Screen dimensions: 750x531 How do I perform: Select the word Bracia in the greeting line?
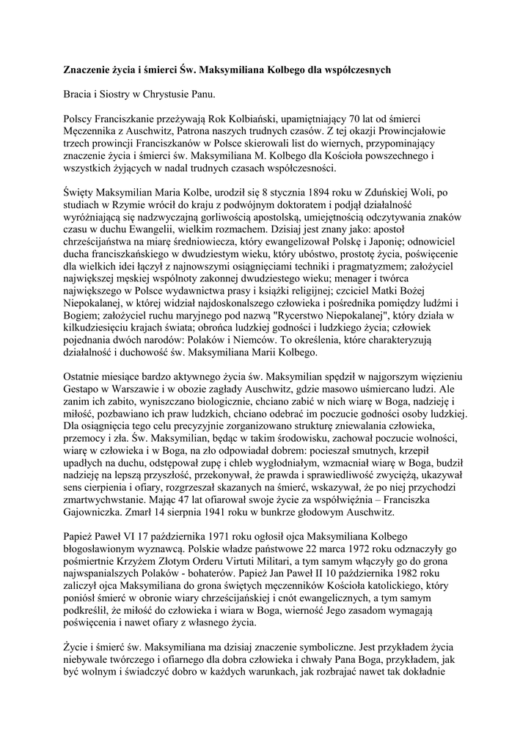pos(79,94)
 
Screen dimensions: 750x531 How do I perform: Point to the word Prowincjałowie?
pos(407,131)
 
